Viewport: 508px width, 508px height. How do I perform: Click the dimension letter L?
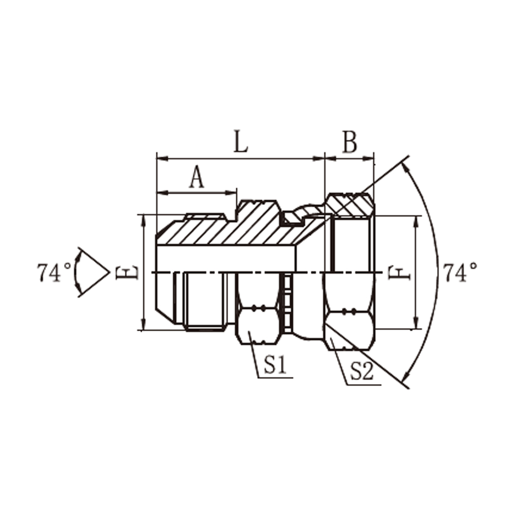[240, 142]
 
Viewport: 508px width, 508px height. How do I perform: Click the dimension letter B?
[350, 142]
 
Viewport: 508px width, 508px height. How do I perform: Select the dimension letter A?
[197, 177]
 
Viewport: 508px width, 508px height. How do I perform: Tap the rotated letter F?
[399, 273]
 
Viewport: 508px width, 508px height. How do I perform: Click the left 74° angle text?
[54, 272]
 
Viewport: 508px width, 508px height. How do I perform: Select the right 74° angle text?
[460, 272]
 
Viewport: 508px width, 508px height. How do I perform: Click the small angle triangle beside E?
[93, 272]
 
